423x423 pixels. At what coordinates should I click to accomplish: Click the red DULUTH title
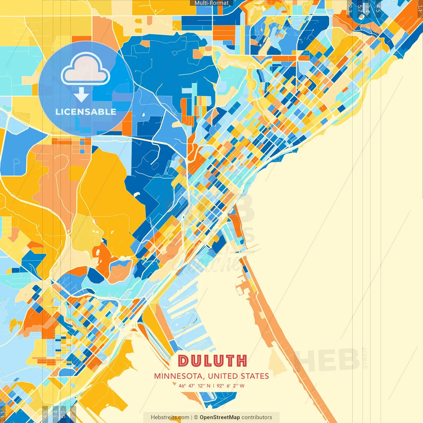(212, 361)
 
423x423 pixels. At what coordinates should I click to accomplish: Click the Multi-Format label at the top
(211, 3)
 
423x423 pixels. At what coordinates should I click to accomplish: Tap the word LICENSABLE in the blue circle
(86, 112)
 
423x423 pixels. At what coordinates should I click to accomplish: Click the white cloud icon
(86, 69)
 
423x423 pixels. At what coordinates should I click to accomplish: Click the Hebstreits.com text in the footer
(170, 417)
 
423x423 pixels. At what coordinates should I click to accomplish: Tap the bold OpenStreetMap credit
(220, 417)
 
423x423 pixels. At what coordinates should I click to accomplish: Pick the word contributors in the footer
(257, 417)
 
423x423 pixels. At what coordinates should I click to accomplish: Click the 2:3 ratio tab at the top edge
(350, 8)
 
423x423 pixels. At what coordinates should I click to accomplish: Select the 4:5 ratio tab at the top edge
(378, 8)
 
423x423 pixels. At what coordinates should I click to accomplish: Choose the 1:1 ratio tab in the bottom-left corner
(3, 414)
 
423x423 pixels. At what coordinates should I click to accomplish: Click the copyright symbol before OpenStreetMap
(196, 417)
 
